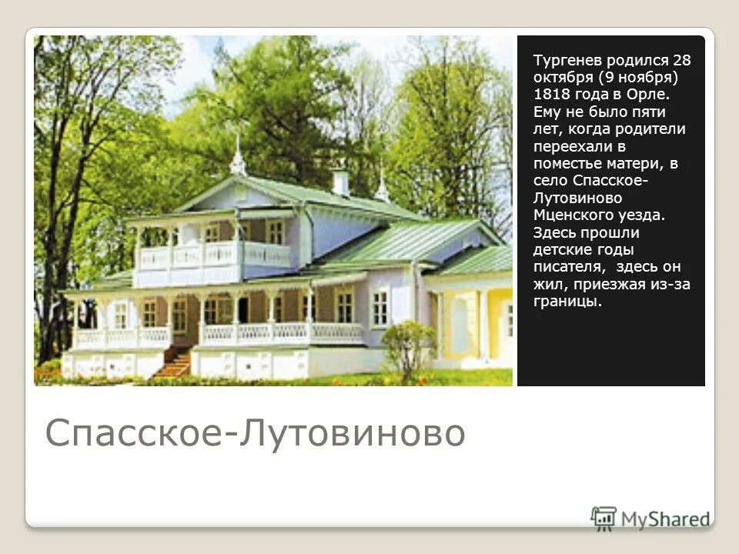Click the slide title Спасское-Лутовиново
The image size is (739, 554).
click(255, 432)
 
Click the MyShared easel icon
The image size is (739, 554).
click(604, 518)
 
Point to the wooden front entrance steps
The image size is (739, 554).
click(174, 362)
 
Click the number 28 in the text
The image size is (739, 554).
click(682, 59)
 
